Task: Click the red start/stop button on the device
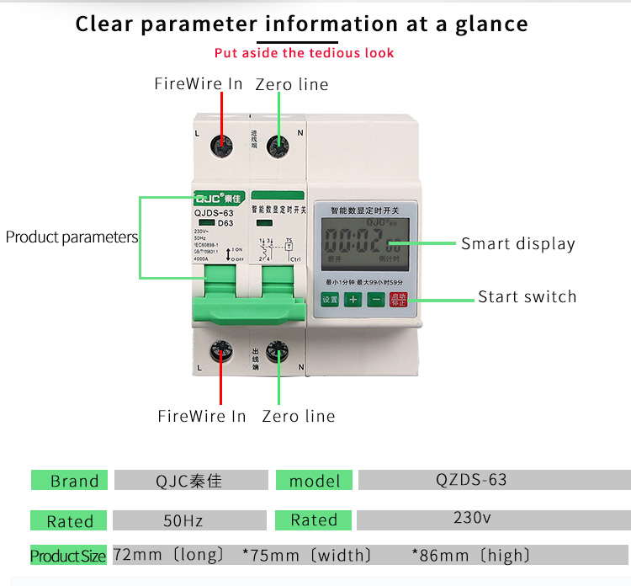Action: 397,299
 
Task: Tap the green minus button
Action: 375,299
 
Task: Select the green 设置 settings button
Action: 330,299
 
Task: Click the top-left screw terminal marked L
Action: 222,146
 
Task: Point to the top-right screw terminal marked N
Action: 277,146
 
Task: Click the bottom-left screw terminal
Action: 222,353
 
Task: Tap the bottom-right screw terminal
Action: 277,353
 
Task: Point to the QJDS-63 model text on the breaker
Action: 213,213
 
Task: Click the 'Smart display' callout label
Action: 518,244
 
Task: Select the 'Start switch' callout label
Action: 528,296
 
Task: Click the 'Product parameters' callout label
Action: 72,237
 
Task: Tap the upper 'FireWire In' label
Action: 199,83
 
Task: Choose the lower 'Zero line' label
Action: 299,416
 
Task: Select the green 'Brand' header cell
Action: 71,481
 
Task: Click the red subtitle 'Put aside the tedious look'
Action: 304,53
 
